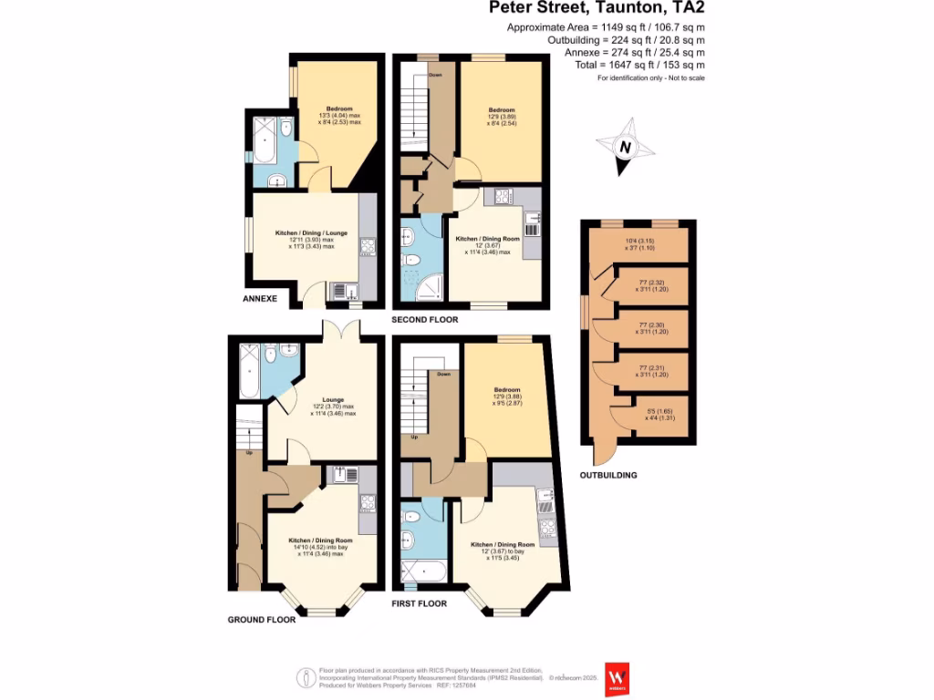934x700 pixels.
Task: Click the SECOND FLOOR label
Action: (424, 320)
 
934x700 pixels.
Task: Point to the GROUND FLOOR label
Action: (262, 619)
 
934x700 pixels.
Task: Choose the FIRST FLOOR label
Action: (420, 603)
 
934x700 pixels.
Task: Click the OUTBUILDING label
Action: (609, 475)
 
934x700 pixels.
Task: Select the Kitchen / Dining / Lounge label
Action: (306, 233)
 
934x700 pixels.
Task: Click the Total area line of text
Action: (651, 66)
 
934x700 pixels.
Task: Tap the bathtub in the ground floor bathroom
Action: (248, 371)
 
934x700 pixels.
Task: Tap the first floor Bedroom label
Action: (506, 389)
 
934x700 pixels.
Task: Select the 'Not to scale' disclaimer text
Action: (651, 78)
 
